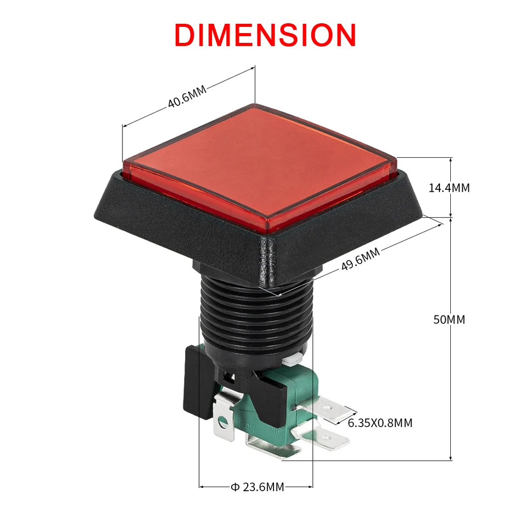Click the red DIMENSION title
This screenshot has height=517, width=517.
(x=265, y=35)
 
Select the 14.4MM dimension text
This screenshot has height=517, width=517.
(x=449, y=188)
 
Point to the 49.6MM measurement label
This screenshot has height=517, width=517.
(x=360, y=260)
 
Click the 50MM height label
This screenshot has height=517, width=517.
(x=449, y=320)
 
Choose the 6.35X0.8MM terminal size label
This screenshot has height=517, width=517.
(x=380, y=423)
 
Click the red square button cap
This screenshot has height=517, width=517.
(x=258, y=165)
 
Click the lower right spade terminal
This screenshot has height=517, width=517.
(x=331, y=439)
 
